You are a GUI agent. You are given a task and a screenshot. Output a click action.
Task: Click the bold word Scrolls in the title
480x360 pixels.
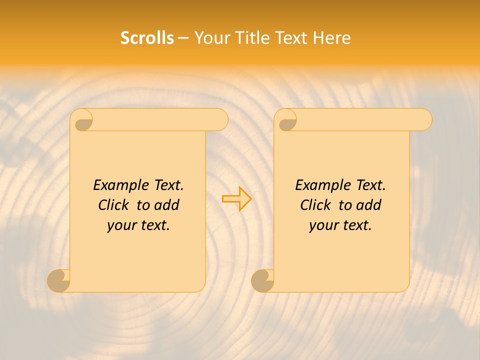[147, 38]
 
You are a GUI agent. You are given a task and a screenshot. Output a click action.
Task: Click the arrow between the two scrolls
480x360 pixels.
[236, 198]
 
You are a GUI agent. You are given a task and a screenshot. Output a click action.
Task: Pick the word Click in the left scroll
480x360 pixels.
[113, 205]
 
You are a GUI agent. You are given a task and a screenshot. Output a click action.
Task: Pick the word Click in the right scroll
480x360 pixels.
[315, 205]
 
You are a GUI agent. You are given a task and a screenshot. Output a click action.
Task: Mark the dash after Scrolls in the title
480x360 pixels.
[183, 38]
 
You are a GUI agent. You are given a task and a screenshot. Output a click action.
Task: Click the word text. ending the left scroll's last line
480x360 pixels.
[153, 225]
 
